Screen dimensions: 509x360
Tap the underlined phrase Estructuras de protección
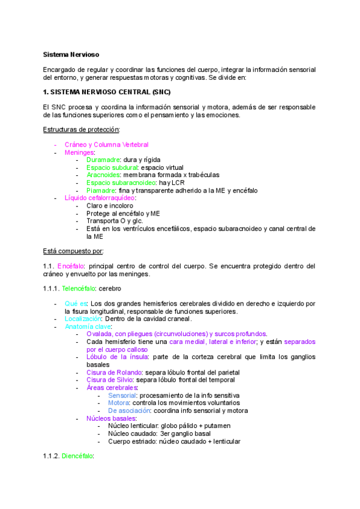81,130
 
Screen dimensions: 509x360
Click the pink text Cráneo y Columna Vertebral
107,145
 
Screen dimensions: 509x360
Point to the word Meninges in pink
79,152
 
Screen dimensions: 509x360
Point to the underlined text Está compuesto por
73,250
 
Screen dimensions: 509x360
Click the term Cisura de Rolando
110,372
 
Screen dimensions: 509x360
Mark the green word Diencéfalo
77,456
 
